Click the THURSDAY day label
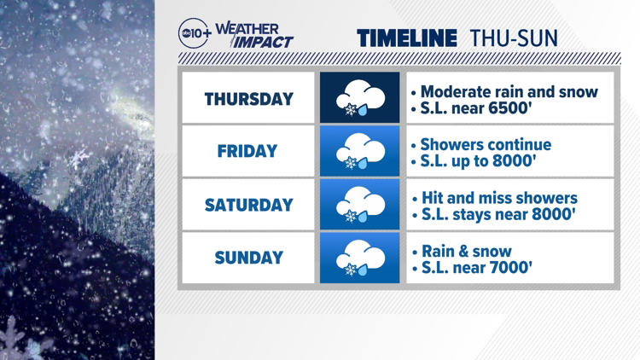pyautogui.click(x=248, y=98)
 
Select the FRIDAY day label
pyautogui.click(x=248, y=151)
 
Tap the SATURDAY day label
pyautogui.click(x=248, y=205)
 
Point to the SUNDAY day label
pyautogui.click(x=248, y=258)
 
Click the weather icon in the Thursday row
pyautogui.click(x=360, y=98)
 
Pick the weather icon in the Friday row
pyautogui.click(x=360, y=151)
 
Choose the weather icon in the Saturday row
pyautogui.click(x=360, y=205)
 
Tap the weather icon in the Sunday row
pyautogui.click(x=360, y=258)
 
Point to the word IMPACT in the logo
pyautogui.click(x=264, y=41)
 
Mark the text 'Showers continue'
pyautogui.click(x=486, y=143)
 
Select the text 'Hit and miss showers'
pyautogui.click(x=499, y=197)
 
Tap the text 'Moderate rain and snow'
pyautogui.click(x=509, y=90)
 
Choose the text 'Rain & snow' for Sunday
pyautogui.click(x=467, y=251)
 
